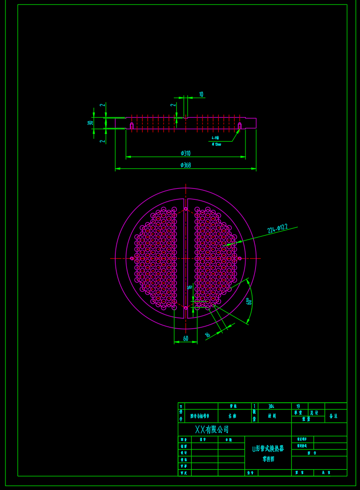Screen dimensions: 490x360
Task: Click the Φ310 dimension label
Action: coord(185,153)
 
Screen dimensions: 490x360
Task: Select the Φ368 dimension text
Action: coord(186,165)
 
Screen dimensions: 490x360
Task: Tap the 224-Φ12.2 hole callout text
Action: coord(278,228)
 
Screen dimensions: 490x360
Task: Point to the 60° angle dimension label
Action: coord(249,301)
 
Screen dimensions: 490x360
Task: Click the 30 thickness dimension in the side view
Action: coord(90,123)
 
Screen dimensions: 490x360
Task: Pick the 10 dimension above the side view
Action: coord(201,94)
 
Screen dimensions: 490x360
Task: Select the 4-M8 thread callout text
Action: coord(215,138)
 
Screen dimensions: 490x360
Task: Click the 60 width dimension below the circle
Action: coord(186,338)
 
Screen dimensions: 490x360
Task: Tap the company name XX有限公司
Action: coord(212,430)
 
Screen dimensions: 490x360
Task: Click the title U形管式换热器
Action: coord(268,449)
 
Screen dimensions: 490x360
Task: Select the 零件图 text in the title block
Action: coord(268,459)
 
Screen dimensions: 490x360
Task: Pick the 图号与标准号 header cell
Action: coord(200,416)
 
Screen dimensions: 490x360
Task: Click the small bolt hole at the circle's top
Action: coord(186,209)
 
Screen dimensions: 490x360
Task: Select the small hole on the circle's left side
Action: coord(131,258)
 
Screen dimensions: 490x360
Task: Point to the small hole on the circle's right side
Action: coord(240,258)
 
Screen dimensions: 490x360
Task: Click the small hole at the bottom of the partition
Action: coord(186,307)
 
